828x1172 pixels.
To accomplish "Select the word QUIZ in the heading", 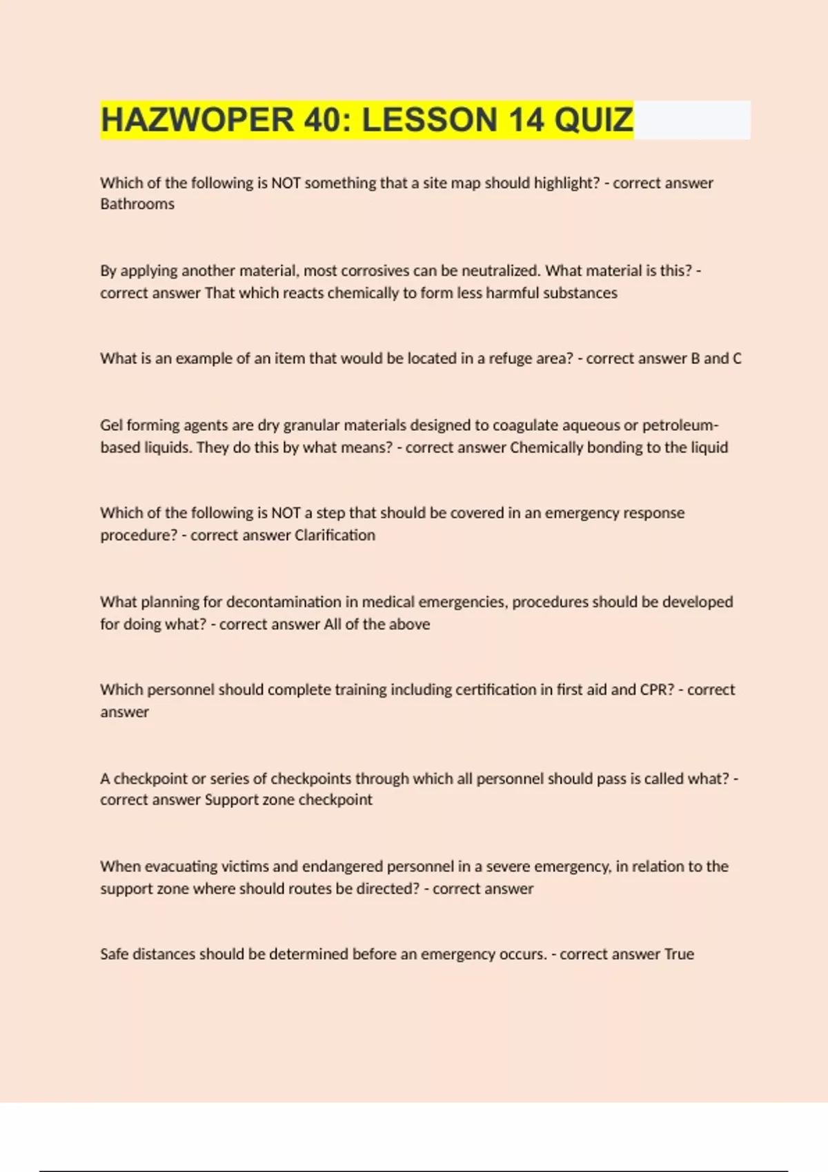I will [593, 120].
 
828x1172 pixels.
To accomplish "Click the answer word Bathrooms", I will [137, 204].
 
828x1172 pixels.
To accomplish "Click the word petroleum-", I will [680, 425].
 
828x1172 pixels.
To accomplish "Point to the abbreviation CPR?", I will [656, 689].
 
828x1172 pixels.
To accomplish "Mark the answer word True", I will [679, 954].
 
